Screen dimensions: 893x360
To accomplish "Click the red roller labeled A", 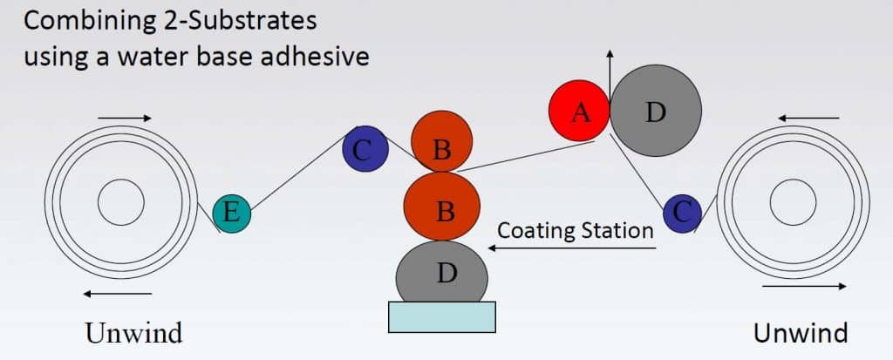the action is pyautogui.click(x=579, y=111).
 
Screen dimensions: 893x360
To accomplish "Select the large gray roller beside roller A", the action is pyautogui.click(x=656, y=111).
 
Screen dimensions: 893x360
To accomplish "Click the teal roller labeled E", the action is pyautogui.click(x=232, y=214).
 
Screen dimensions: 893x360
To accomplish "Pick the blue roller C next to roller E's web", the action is pyautogui.click(x=365, y=149).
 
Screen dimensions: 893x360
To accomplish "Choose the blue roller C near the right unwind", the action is pyautogui.click(x=682, y=214).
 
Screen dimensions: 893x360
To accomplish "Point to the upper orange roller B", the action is pyautogui.click(x=442, y=141).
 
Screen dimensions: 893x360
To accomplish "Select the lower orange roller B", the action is pyautogui.click(x=442, y=207).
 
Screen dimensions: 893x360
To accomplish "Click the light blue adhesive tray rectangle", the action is pyautogui.click(x=442, y=317).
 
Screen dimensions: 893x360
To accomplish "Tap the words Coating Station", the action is pyautogui.click(x=576, y=231).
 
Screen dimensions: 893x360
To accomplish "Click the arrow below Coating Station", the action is pyautogui.click(x=572, y=248).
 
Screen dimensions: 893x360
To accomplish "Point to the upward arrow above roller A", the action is pyautogui.click(x=610, y=77).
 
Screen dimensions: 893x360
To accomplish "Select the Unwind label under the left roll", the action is pyautogui.click(x=133, y=333).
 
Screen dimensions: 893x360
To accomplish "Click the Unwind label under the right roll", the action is pyautogui.click(x=801, y=333).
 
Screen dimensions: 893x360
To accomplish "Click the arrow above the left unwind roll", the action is pyautogui.click(x=125, y=118).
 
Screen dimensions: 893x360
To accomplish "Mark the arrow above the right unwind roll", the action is pyautogui.click(x=808, y=118).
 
